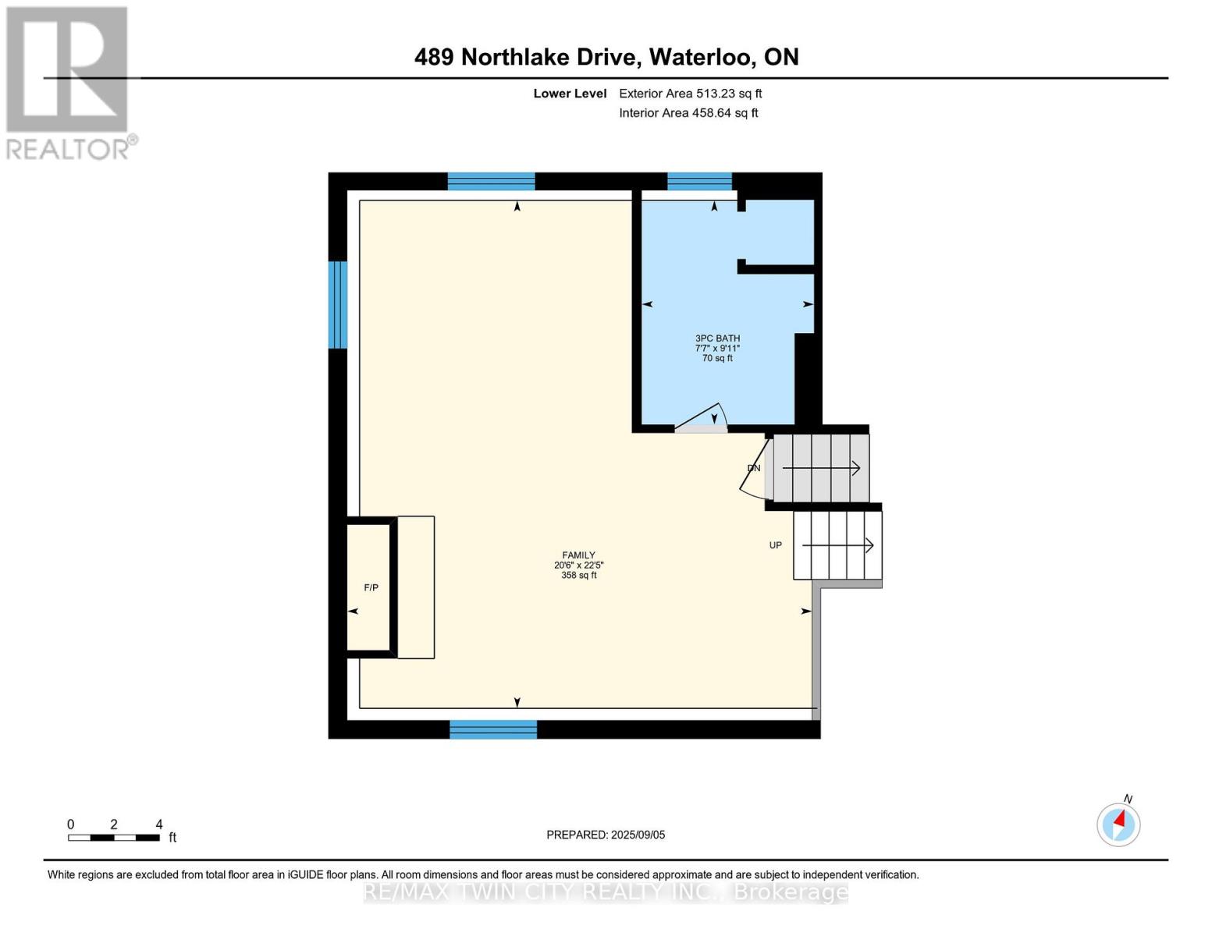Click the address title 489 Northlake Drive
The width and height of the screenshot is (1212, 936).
[x=606, y=57]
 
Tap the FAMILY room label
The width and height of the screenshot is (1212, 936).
[x=578, y=555]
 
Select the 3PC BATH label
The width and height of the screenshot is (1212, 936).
[x=717, y=339]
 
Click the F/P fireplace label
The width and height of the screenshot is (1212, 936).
[x=371, y=587]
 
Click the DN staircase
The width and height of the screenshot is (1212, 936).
[x=820, y=468]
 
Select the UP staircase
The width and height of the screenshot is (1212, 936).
[x=837, y=545]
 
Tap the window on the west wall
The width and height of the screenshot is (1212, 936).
[x=337, y=304]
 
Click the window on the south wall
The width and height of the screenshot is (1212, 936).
[x=493, y=729]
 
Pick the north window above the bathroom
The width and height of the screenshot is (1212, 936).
[x=699, y=182]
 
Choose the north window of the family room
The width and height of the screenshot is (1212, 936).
[x=491, y=182]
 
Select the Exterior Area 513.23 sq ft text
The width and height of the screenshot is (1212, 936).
[x=690, y=94]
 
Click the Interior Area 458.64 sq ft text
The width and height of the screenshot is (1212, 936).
[x=688, y=113]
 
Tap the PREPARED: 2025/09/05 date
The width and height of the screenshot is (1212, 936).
[x=606, y=835]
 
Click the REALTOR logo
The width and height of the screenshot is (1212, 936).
[x=68, y=82]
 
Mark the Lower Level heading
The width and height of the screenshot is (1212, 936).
[x=570, y=94]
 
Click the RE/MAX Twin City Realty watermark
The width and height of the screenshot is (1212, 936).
[x=606, y=892]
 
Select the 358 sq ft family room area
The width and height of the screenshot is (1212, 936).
[x=578, y=576]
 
